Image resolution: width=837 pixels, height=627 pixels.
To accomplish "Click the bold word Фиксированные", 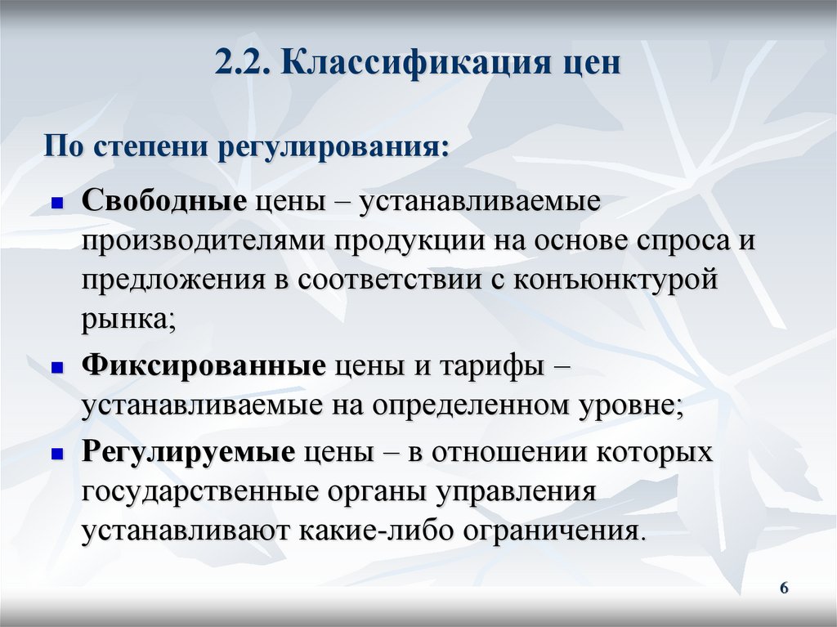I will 204,367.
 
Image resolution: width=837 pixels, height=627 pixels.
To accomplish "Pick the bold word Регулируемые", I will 188,453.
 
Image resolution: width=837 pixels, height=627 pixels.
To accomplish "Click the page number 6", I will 784,589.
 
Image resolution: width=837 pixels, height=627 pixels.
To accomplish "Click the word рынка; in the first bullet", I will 128,318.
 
